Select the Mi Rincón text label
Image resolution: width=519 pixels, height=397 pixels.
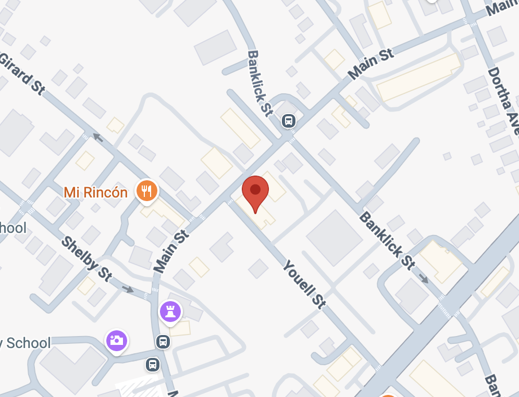[x=96, y=192]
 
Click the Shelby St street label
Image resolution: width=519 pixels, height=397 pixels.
[x=86, y=258]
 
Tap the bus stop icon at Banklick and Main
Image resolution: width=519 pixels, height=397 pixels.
[x=289, y=121]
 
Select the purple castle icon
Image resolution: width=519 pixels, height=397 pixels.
[x=170, y=311]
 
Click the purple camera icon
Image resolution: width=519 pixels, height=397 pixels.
[x=116, y=340]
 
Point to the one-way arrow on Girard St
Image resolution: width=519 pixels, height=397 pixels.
[x=97, y=137]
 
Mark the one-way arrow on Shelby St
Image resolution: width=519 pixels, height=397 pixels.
[x=128, y=289]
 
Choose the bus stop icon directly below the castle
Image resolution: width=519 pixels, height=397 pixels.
[x=163, y=342]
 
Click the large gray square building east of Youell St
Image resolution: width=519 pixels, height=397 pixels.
[x=334, y=238]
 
